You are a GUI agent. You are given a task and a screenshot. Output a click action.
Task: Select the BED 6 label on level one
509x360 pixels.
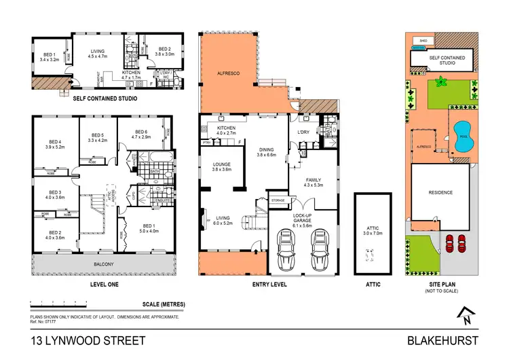tap(141, 134)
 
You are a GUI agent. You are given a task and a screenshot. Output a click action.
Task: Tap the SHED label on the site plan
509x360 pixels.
tap(423, 41)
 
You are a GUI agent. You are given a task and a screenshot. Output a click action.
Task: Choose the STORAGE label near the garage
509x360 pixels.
tap(277, 201)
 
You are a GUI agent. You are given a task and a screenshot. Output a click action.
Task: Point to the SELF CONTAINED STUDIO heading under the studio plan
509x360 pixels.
tap(105, 99)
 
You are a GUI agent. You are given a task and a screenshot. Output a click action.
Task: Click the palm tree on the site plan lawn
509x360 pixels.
tap(442, 82)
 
